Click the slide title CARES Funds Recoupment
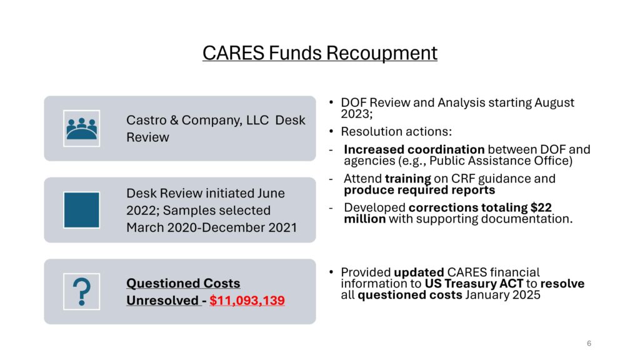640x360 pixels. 320,53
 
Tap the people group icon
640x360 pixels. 82,128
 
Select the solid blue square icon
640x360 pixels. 82,210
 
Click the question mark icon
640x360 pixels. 82,291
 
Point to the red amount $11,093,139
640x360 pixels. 247,301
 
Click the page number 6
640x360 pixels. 589,343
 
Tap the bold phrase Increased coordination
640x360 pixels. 414,149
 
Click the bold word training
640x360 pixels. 407,179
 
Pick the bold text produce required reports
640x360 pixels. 419,190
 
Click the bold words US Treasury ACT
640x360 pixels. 474,283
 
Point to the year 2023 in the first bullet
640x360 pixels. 355,114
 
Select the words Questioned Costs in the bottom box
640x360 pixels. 183,283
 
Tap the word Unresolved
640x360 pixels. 162,301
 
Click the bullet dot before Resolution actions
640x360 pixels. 331,131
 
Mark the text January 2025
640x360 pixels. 502,295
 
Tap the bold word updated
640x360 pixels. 419,272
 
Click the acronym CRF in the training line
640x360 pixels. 463,179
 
